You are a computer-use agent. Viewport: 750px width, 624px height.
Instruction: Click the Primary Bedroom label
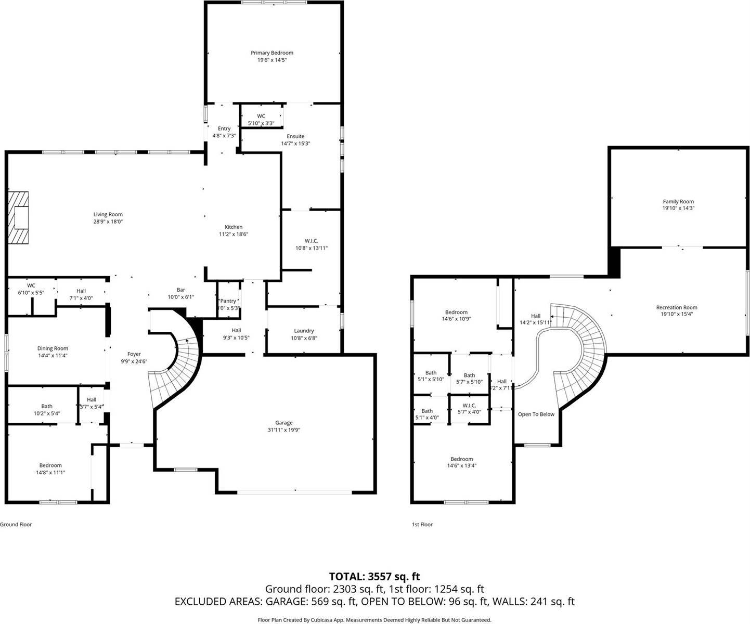(x=271, y=53)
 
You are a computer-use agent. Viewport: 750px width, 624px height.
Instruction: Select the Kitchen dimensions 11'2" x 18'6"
(x=234, y=235)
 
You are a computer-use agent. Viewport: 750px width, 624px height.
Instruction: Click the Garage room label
(x=283, y=423)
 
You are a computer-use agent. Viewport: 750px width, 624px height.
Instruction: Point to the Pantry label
(x=228, y=301)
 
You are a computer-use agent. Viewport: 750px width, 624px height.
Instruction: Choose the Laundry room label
(x=304, y=331)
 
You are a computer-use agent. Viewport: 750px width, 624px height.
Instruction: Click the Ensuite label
(x=295, y=136)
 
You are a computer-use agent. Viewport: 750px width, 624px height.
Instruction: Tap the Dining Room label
(x=53, y=348)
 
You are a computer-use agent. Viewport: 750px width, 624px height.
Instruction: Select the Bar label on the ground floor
(x=180, y=290)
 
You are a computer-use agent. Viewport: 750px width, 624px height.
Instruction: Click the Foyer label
(x=134, y=354)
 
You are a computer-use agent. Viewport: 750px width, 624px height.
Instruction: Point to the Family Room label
(x=678, y=202)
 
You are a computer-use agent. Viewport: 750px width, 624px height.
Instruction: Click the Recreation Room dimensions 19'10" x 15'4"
(x=676, y=314)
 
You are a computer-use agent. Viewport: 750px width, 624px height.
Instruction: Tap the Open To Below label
(x=536, y=414)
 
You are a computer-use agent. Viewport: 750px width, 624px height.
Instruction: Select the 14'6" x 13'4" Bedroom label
(x=461, y=459)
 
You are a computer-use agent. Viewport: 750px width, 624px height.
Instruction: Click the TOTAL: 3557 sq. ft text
(x=374, y=576)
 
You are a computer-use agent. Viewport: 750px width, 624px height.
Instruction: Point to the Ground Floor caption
(x=16, y=525)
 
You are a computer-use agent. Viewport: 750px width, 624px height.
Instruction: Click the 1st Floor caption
(x=422, y=525)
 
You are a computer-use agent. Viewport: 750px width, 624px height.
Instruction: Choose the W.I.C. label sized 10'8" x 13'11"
(x=311, y=241)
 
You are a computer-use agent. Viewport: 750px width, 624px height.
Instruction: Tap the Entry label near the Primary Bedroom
(x=224, y=128)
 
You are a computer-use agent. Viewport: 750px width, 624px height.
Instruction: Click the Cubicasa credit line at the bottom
(x=374, y=620)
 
